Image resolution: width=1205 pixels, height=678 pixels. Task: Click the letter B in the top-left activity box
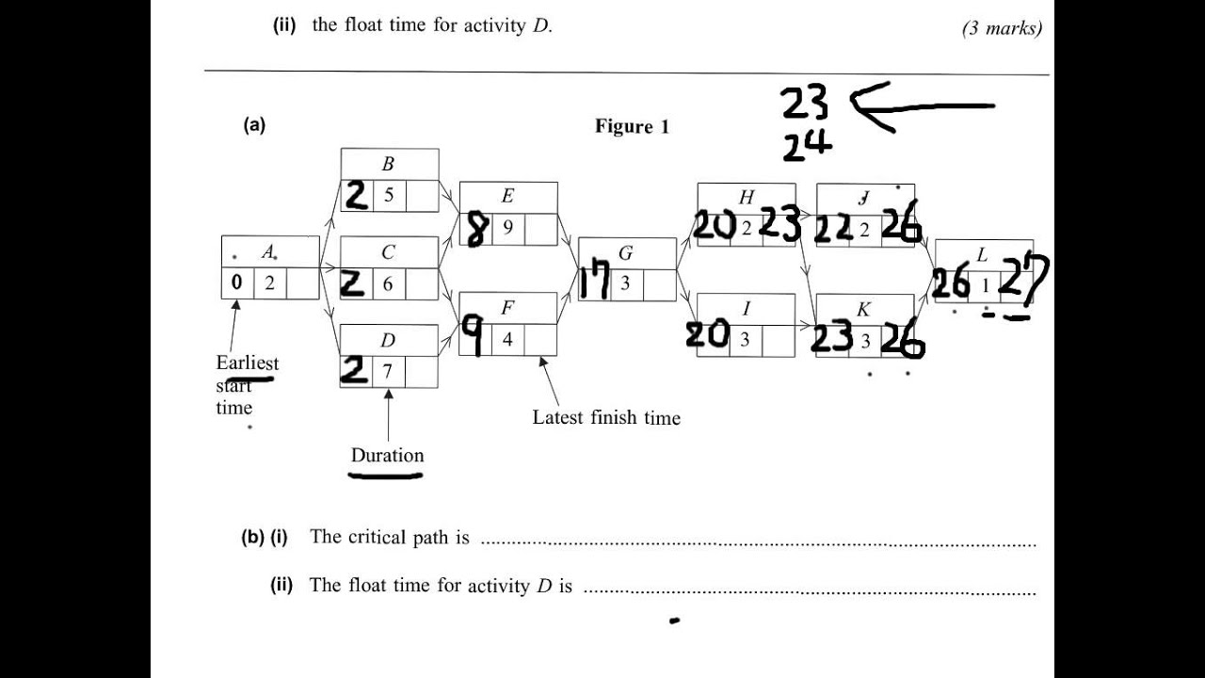388,164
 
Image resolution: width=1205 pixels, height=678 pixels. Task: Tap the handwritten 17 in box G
594,282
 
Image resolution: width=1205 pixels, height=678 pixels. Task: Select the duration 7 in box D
387,371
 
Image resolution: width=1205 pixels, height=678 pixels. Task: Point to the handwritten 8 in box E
475,229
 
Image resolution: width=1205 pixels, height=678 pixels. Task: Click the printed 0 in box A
236,282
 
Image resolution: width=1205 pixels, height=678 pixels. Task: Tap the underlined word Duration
387,456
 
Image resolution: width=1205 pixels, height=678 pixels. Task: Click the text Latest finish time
606,417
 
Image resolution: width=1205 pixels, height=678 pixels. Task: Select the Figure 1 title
632,126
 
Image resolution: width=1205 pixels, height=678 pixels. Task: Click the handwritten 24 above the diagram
807,145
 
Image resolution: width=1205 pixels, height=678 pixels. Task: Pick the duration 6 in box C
387,283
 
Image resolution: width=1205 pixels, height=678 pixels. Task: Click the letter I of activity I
746,308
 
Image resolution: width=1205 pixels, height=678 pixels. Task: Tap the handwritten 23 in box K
831,338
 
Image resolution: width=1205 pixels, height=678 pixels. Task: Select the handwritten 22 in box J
832,229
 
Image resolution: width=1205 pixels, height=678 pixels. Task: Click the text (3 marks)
1002,28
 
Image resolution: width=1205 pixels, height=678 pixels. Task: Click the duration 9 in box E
507,228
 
